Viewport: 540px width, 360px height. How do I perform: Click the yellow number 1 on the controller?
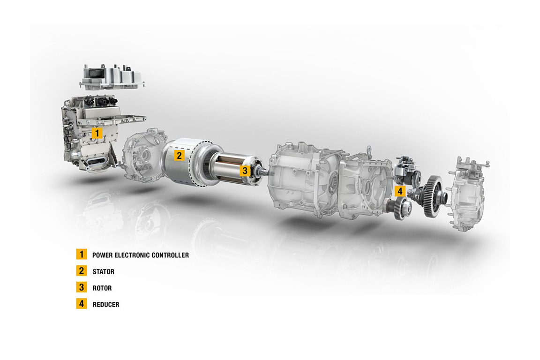coord(97,133)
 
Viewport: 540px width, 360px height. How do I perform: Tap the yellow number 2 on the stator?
coord(179,155)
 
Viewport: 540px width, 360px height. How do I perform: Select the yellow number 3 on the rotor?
coord(245,171)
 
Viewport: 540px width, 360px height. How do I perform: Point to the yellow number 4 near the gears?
coord(400,191)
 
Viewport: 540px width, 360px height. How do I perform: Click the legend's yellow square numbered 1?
coord(82,254)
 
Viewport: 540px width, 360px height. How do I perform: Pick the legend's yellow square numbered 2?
coord(82,271)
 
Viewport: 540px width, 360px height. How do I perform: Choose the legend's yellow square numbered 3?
coord(82,287)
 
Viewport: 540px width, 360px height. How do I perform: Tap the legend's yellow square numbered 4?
coord(82,304)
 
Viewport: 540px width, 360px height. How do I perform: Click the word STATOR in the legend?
coord(103,272)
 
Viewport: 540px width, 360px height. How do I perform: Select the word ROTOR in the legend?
coord(102,288)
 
